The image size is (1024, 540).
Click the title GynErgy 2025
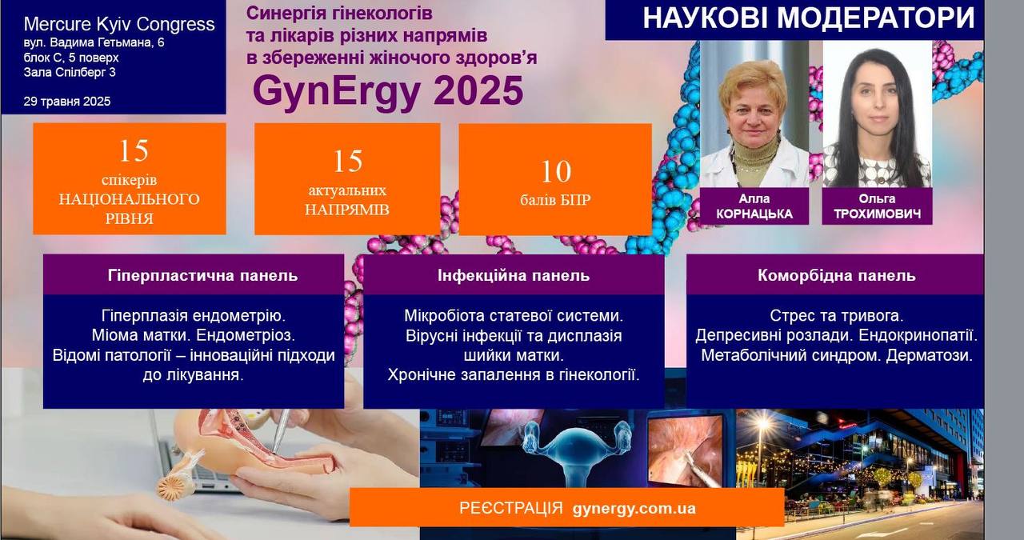[388, 91]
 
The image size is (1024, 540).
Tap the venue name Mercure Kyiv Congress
[119, 24]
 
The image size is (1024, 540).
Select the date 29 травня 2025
[66, 101]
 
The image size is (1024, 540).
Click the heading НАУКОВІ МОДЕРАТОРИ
[809, 18]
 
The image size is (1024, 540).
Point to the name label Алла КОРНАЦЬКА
[754, 206]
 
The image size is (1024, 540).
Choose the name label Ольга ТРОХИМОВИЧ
[877, 206]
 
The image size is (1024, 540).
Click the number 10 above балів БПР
[556, 171]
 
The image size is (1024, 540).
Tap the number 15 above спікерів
[134, 151]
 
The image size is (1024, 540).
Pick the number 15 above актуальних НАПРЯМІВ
[347, 161]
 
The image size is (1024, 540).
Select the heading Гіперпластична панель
[202, 275]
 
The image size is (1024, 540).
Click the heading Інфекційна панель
[514, 275]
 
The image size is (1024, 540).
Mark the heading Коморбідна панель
[837, 275]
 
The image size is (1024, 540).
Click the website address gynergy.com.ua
[634, 508]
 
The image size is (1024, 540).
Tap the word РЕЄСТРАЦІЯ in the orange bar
[511, 508]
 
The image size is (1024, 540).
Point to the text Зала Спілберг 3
[70, 72]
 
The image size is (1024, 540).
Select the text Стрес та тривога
[836, 315]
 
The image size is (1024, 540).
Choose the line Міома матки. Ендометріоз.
[194, 335]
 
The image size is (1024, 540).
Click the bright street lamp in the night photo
[762, 423]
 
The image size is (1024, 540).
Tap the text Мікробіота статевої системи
[514, 315]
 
